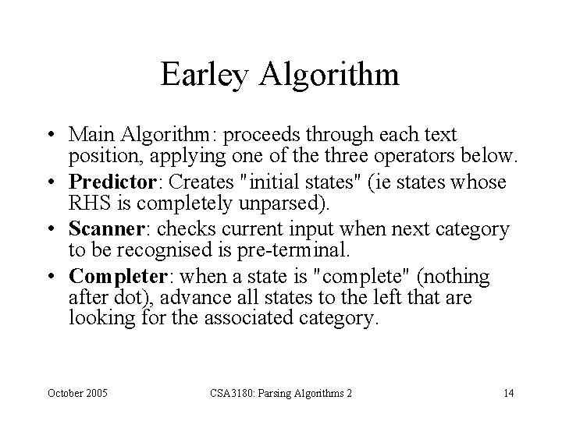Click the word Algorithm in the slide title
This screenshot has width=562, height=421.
(x=332, y=75)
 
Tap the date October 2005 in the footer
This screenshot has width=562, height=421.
(x=80, y=392)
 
